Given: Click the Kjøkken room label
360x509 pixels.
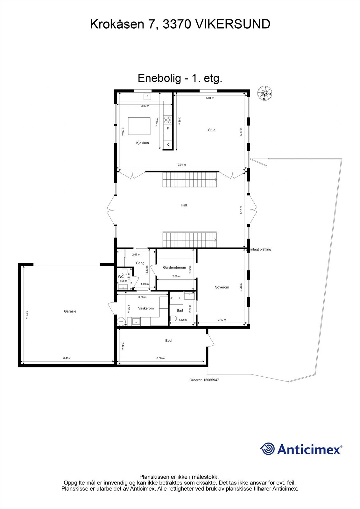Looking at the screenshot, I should click(x=142, y=143).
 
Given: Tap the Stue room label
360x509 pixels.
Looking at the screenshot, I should click(x=212, y=130).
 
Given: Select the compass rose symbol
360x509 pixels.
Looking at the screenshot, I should click(x=265, y=93).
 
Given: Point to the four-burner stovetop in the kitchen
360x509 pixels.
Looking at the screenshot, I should click(x=167, y=120).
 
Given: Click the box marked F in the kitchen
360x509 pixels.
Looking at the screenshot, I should click(x=168, y=129).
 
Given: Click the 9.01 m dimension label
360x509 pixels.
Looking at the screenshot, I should click(x=181, y=165).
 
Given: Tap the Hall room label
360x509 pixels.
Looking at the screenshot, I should click(x=184, y=205).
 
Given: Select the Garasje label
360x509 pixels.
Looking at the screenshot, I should click(x=70, y=311).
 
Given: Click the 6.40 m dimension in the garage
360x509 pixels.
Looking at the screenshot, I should click(x=67, y=358).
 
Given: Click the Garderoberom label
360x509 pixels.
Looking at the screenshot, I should click(x=174, y=268).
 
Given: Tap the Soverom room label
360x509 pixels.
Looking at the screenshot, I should click(x=222, y=287).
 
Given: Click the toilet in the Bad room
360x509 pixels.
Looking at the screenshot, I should click(x=173, y=318).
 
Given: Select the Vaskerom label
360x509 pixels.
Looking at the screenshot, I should click(x=146, y=308).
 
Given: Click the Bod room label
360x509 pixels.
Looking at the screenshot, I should click(x=168, y=341).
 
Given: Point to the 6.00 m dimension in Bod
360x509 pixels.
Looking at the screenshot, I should click(x=160, y=358).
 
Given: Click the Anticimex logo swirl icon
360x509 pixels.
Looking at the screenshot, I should click(x=267, y=449).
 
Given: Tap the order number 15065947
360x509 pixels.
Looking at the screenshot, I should click(x=204, y=380).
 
